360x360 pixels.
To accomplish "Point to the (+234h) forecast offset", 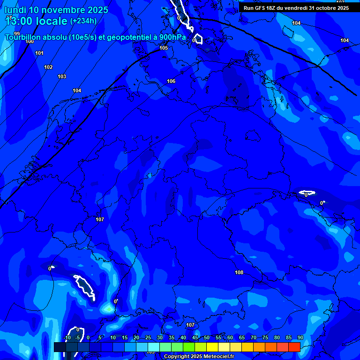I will pyautogui.click(x=83, y=21).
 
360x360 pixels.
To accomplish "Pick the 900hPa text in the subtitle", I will pyautogui.click(x=172, y=37).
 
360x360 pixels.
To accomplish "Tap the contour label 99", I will pyautogui.click(x=17, y=34).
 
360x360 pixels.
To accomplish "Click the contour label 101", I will pyautogui.click(x=39, y=53).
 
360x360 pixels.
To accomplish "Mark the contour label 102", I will pyautogui.click(x=48, y=67).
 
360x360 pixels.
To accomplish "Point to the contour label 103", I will pyautogui.click(x=62, y=76).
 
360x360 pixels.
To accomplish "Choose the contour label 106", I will pyautogui.click(x=171, y=81).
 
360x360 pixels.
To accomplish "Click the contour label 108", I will pyautogui.click(x=239, y=272).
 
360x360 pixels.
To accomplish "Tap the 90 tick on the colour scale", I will pyautogui.click(x=300, y=338).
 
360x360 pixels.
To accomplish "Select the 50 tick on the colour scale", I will pyautogui.click(x=206, y=338).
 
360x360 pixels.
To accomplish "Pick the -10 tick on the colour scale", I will pyautogui.click(x=67, y=338).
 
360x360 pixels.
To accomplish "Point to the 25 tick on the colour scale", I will pyautogui.click(x=148, y=338).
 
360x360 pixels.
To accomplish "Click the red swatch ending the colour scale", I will pyautogui.click(x=294, y=347).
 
